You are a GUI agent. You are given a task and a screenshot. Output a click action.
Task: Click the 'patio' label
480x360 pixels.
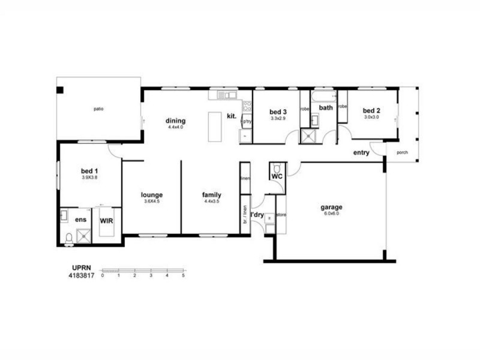click(98, 109)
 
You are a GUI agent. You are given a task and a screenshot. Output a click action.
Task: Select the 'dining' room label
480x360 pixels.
click(175, 121)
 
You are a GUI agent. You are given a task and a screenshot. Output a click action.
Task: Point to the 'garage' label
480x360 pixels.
click(331, 207)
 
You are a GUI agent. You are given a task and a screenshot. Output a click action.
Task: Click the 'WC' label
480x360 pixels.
click(277, 178)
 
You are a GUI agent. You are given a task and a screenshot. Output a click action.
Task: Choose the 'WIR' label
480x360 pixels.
click(107, 220)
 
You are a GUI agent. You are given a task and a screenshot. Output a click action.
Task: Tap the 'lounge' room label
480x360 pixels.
click(152, 194)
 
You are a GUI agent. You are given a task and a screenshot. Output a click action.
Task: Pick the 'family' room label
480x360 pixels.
click(212, 194)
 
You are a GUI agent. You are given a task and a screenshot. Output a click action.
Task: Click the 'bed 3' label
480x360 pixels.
click(278, 112)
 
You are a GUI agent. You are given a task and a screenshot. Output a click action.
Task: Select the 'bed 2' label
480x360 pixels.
click(371, 111)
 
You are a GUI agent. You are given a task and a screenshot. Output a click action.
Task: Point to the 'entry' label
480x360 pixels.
click(361, 152)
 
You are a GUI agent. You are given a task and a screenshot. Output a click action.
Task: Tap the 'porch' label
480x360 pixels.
click(402, 152)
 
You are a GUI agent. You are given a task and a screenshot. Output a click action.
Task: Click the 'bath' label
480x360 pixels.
click(326, 108)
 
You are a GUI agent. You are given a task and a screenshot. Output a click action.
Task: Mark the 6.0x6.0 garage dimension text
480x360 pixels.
click(331, 214)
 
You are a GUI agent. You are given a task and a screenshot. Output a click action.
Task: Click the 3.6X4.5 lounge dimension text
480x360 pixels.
click(152, 201)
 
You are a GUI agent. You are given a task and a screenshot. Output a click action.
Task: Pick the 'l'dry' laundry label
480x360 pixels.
click(257, 214)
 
